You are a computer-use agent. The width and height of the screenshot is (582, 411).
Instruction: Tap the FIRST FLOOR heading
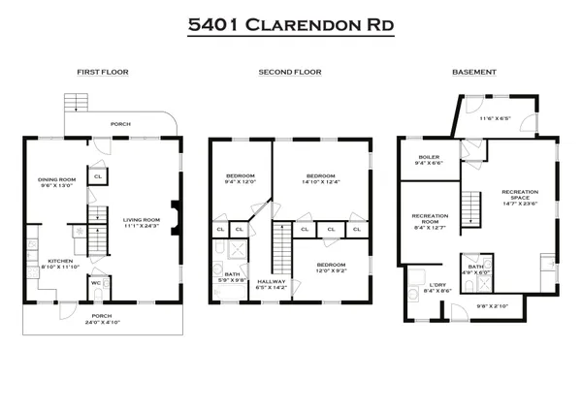tap(103, 73)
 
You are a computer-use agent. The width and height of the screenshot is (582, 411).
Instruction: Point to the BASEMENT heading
tap(474, 73)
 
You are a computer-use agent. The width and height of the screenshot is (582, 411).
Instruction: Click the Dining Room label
tap(56, 182)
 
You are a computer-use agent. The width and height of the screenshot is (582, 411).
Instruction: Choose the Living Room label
tap(141, 224)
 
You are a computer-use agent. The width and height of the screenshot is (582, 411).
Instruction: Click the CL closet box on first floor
tap(98, 175)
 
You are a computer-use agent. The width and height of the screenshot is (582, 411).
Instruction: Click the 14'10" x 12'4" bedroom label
tap(320, 179)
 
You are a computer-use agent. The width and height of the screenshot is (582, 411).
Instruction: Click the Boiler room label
tap(430, 160)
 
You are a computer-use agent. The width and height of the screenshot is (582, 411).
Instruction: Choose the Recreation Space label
tap(520, 198)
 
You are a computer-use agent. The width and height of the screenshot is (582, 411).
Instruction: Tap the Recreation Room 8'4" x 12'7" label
tap(429, 221)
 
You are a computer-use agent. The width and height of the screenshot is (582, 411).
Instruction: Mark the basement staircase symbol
tap(471, 206)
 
